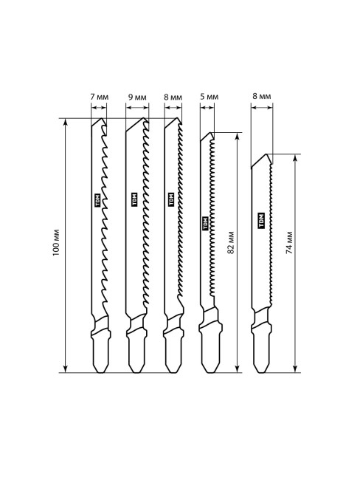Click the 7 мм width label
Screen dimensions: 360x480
click(100, 97)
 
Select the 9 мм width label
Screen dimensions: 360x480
click(137, 97)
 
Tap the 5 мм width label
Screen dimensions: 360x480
click(210, 97)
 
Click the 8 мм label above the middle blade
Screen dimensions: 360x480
click(173, 97)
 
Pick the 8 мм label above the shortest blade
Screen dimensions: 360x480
click(261, 97)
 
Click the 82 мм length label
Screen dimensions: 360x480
click(231, 242)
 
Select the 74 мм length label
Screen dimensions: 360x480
click(289, 242)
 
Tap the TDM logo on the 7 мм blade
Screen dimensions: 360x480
click(98, 201)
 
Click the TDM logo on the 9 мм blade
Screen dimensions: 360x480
click(134, 199)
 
